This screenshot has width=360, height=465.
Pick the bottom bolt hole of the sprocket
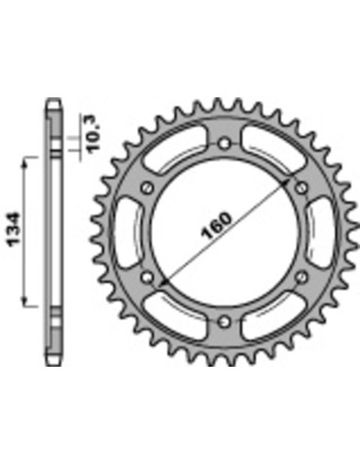(x=223, y=322)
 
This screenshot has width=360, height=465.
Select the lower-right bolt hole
(x=300, y=277)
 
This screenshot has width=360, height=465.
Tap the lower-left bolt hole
(x=146, y=277)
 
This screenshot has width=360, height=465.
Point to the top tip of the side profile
(x=53, y=97)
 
